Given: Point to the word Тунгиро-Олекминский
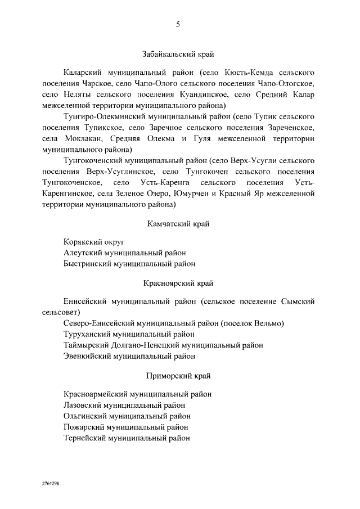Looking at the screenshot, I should (105, 116).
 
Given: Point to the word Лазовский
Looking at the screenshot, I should (83, 405).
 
